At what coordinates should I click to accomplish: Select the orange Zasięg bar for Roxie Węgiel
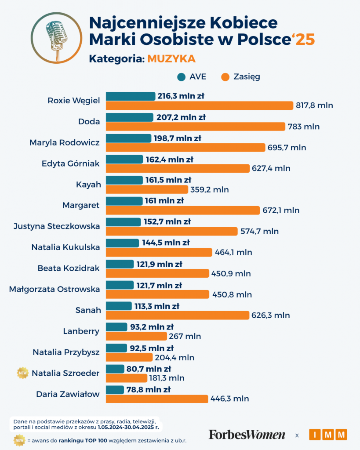[x=200, y=105]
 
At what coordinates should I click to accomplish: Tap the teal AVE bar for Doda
[x=130, y=117]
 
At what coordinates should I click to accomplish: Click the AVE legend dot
[x=181, y=77]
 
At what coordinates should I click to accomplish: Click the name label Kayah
[x=89, y=185]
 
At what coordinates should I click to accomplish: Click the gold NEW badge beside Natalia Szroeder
[x=22, y=374]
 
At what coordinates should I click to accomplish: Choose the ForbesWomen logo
[x=247, y=435]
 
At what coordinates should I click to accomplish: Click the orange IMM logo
[x=328, y=435]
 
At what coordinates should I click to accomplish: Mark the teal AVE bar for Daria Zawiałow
[x=115, y=390]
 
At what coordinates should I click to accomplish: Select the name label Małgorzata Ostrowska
[x=55, y=289]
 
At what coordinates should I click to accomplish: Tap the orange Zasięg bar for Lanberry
[x=136, y=336]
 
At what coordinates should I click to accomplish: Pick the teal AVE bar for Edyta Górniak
[x=125, y=159]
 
